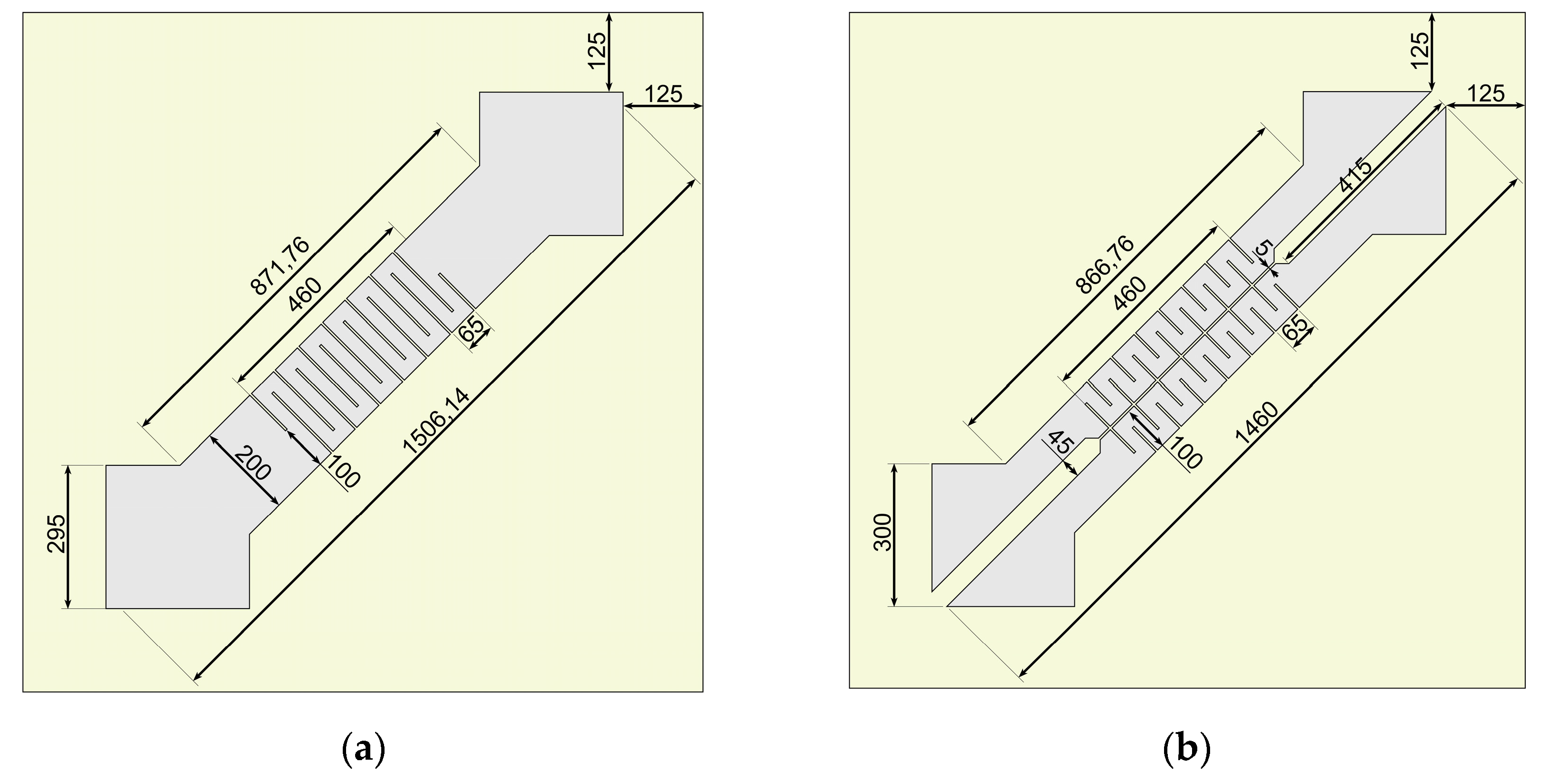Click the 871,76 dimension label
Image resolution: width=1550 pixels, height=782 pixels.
(281, 266)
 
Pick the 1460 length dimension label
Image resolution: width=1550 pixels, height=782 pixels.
(1256, 423)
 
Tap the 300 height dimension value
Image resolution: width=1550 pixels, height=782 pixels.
(883, 532)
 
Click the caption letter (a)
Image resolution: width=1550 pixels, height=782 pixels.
(363, 751)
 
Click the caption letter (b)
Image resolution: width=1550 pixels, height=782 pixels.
(1187, 751)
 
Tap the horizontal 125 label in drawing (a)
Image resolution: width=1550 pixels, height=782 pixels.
(663, 94)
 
